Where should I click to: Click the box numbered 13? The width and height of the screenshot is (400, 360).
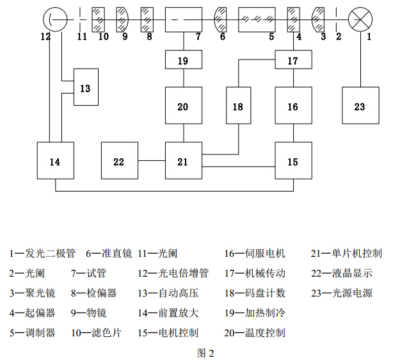pyautogui.click(x=86, y=86)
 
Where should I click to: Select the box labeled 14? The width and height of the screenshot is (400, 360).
pyautogui.click(x=55, y=161)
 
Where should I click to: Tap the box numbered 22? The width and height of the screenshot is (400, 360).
pyautogui.click(x=119, y=161)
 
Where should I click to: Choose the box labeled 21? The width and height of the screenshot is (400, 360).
pyautogui.click(x=183, y=161)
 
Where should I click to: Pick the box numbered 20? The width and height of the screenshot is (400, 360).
pyautogui.click(x=183, y=106)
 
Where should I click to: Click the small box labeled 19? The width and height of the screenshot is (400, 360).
pyautogui.click(x=183, y=61)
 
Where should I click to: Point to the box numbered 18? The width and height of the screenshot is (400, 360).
pyautogui.click(x=238, y=106)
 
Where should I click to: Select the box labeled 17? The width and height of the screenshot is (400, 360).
pyautogui.click(x=293, y=61)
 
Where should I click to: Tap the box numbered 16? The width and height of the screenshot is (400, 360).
pyautogui.click(x=293, y=106)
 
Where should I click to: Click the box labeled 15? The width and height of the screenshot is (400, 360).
pyautogui.click(x=293, y=161)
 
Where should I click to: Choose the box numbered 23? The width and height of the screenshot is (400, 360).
pyautogui.click(x=360, y=106)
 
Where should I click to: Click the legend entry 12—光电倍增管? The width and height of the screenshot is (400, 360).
pyautogui.click(x=173, y=273)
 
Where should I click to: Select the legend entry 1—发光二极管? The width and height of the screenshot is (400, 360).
pyautogui.click(x=42, y=254)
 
